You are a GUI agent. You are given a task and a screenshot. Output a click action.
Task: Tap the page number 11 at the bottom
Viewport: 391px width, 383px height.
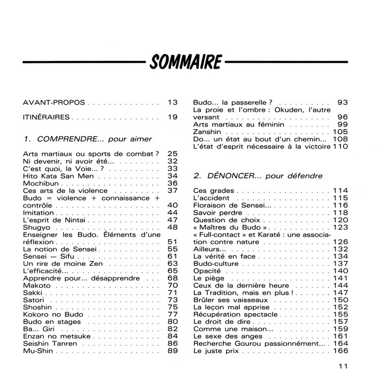click(343, 365)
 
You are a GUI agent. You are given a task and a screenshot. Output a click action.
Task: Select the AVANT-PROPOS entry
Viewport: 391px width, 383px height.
click(54, 102)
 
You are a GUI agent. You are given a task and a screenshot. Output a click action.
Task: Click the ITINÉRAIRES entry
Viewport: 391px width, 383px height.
click(46, 117)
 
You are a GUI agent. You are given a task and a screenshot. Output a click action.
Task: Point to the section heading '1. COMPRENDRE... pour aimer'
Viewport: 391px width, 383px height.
click(88, 138)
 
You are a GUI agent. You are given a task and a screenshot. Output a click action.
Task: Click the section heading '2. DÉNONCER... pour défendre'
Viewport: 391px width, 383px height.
click(258, 176)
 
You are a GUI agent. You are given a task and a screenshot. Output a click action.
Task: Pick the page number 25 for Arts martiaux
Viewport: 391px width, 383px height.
click(172, 153)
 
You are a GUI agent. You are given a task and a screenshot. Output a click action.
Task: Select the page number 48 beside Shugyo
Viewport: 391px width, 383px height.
click(172, 227)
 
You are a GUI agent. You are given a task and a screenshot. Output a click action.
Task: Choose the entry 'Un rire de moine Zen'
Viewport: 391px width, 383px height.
click(63, 264)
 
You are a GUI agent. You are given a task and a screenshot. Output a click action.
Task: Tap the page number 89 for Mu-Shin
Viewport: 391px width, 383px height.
click(172, 351)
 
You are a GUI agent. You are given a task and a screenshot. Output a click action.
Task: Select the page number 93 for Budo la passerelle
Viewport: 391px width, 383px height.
click(342, 102)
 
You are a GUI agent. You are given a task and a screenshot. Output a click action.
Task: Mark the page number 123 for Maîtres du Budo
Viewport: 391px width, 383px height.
click(340, 227)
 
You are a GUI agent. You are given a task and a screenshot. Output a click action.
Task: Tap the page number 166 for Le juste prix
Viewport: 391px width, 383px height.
click(340, 351)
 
